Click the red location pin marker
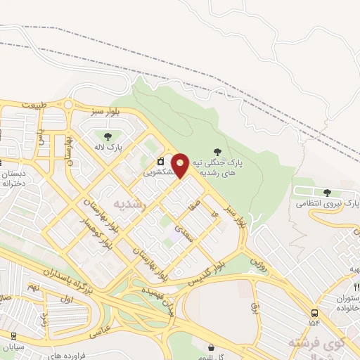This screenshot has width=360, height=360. click(x=181, y=166)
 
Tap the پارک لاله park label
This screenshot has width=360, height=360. click(x=110, y=148)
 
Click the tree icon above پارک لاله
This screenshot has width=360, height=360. click(x=108, y=137)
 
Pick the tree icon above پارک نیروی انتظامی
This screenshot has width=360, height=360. click(x=327, y=192)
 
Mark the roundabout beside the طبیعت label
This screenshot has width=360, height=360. click(x=68, y=105)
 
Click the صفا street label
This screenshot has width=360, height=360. click(x=194, y=205)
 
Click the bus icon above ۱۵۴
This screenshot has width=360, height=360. click(x=314, y=314)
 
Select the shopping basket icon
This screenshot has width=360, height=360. click(x=212, y=346)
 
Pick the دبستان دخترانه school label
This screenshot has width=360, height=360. click(x=14, y=176)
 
